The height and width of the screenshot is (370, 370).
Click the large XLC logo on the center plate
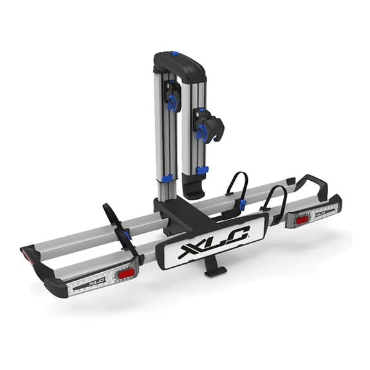(x=214, y=241)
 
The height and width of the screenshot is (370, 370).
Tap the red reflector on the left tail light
(x=126, y=274)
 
